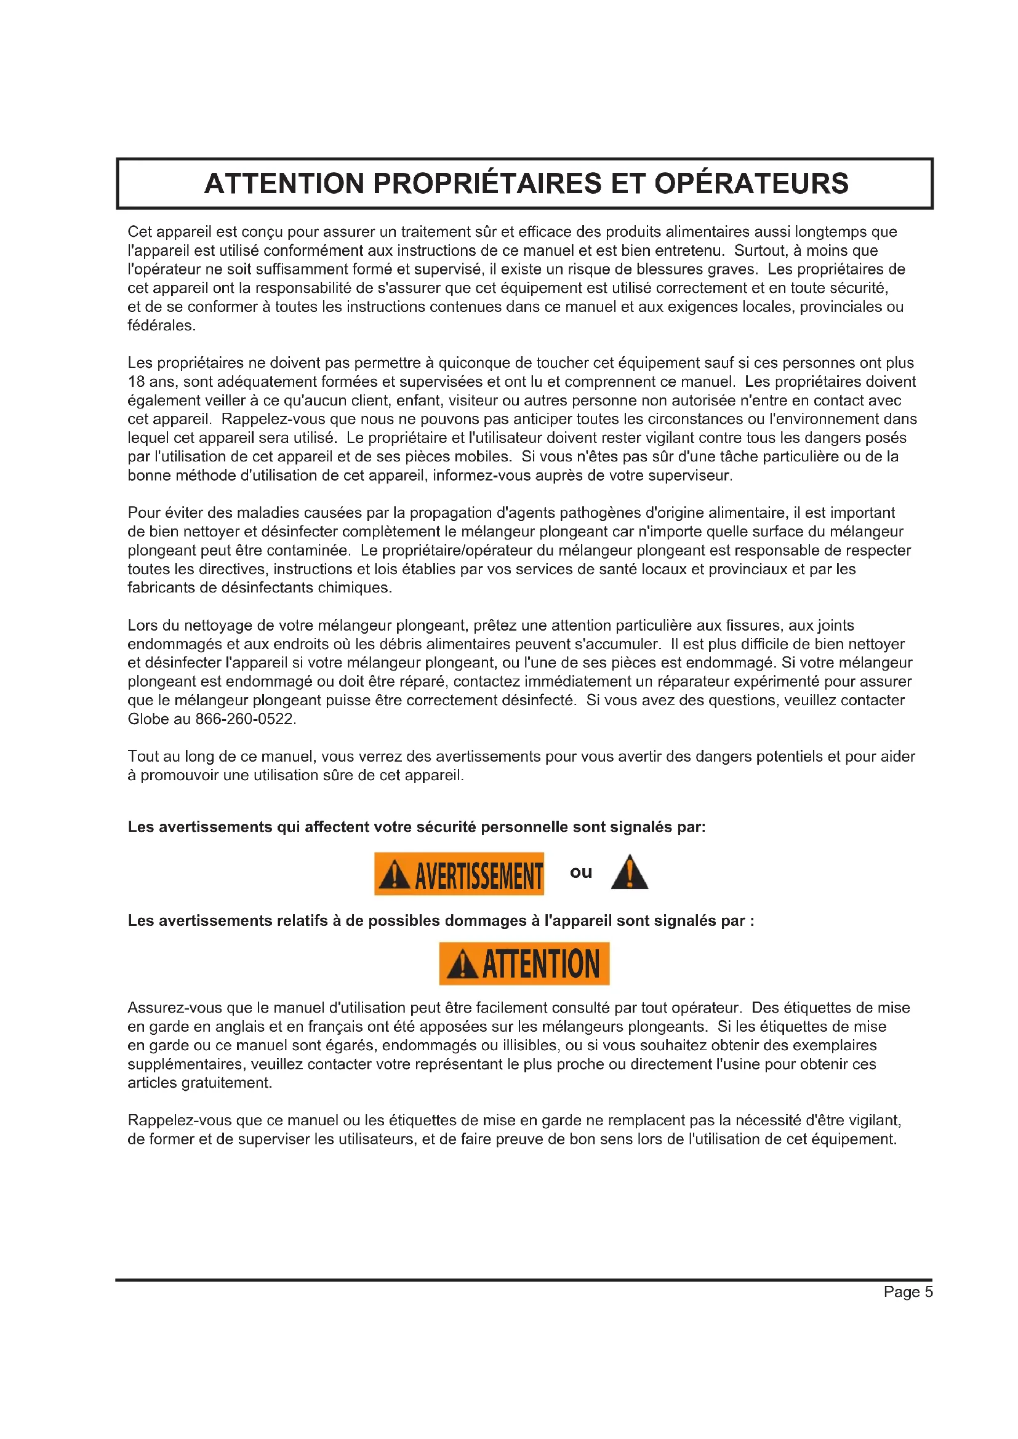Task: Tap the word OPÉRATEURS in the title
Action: pos(751,183)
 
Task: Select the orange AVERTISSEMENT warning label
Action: pos(459,874)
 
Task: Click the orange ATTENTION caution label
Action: pos(524,964)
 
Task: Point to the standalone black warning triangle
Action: pos(630,873)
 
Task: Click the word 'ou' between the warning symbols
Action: pos(580,872)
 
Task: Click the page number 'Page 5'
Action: pos(908,1292)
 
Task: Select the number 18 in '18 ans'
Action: pos(137,381)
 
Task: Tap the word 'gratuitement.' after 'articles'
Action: pos(227,1083)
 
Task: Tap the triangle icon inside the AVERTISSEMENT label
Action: pos(395,874)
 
